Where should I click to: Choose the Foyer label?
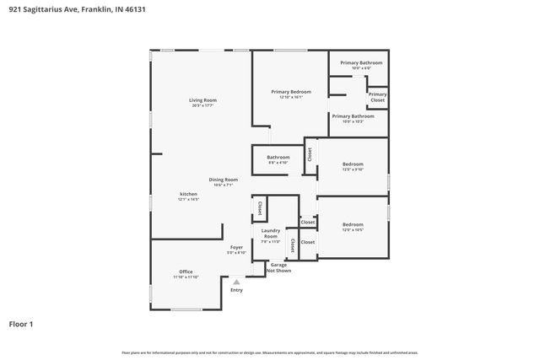(236, 250)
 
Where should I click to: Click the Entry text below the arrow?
(236, 290)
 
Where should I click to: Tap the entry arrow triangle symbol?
(236, 282)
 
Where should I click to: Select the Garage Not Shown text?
(278, 268)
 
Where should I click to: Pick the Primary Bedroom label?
(290, 94)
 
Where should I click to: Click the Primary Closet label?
(377, 97)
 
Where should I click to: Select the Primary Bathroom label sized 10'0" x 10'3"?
(353, 118)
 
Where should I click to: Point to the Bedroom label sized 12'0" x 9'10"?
(353, 166)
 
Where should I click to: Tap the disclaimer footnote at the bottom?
(270, 352)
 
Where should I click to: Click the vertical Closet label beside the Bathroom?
(310, 154)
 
